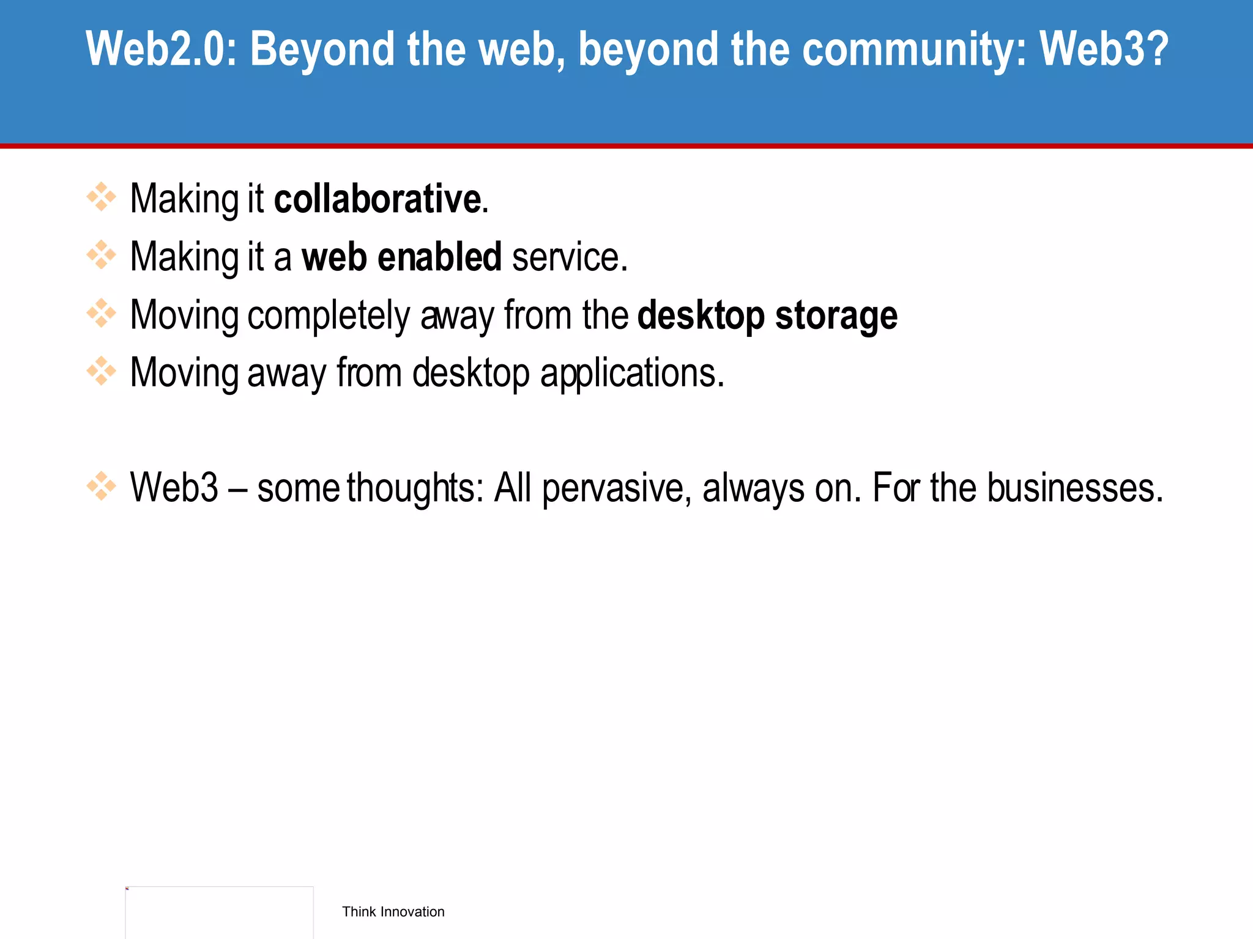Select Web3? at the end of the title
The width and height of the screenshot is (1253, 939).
[1104, 49]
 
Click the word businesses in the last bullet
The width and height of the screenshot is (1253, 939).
[1074, 488]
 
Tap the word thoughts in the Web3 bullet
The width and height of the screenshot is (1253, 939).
[415, 488]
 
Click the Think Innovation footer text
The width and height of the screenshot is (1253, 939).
[393, 911]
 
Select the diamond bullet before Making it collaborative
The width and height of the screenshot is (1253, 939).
[101, 197]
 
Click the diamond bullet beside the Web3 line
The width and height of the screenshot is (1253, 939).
[101, 486]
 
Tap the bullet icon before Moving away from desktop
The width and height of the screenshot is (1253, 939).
[101, 371]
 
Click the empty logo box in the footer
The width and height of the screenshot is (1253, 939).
[219, 912]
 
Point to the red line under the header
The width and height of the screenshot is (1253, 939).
[626, 146]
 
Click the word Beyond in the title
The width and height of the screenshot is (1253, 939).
[322, 49]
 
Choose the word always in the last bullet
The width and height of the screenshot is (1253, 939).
[753, 488]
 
